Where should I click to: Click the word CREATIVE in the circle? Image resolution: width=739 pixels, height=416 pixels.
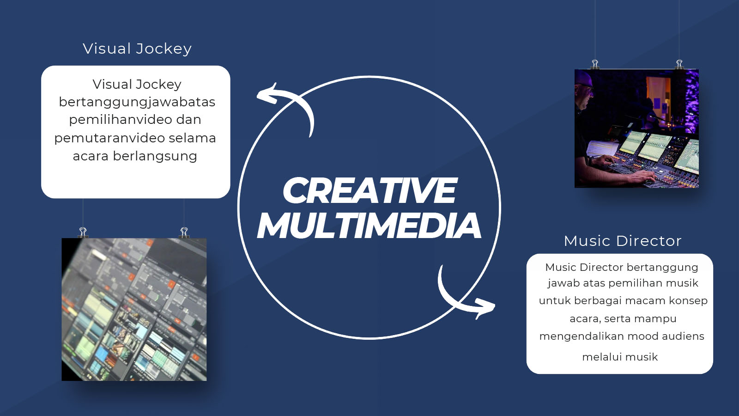click(x=370, y=190)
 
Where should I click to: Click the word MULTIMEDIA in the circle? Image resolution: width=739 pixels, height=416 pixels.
click(x=369, y=225)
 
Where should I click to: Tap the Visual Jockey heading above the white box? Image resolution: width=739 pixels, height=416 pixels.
click(x=137, y=49)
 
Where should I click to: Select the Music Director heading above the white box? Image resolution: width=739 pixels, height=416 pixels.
click(x=623, y=241)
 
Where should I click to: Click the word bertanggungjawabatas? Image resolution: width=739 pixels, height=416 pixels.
click(x=137, y=102)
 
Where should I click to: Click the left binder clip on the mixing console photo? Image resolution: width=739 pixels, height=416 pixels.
click(x=595, y=64)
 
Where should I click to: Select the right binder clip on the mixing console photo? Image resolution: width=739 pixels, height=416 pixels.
click(x=679, y=64)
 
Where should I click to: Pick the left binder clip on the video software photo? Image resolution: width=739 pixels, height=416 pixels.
click(x=83, y=232)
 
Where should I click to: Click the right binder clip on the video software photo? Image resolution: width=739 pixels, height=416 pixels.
click(x=184, y=232)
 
